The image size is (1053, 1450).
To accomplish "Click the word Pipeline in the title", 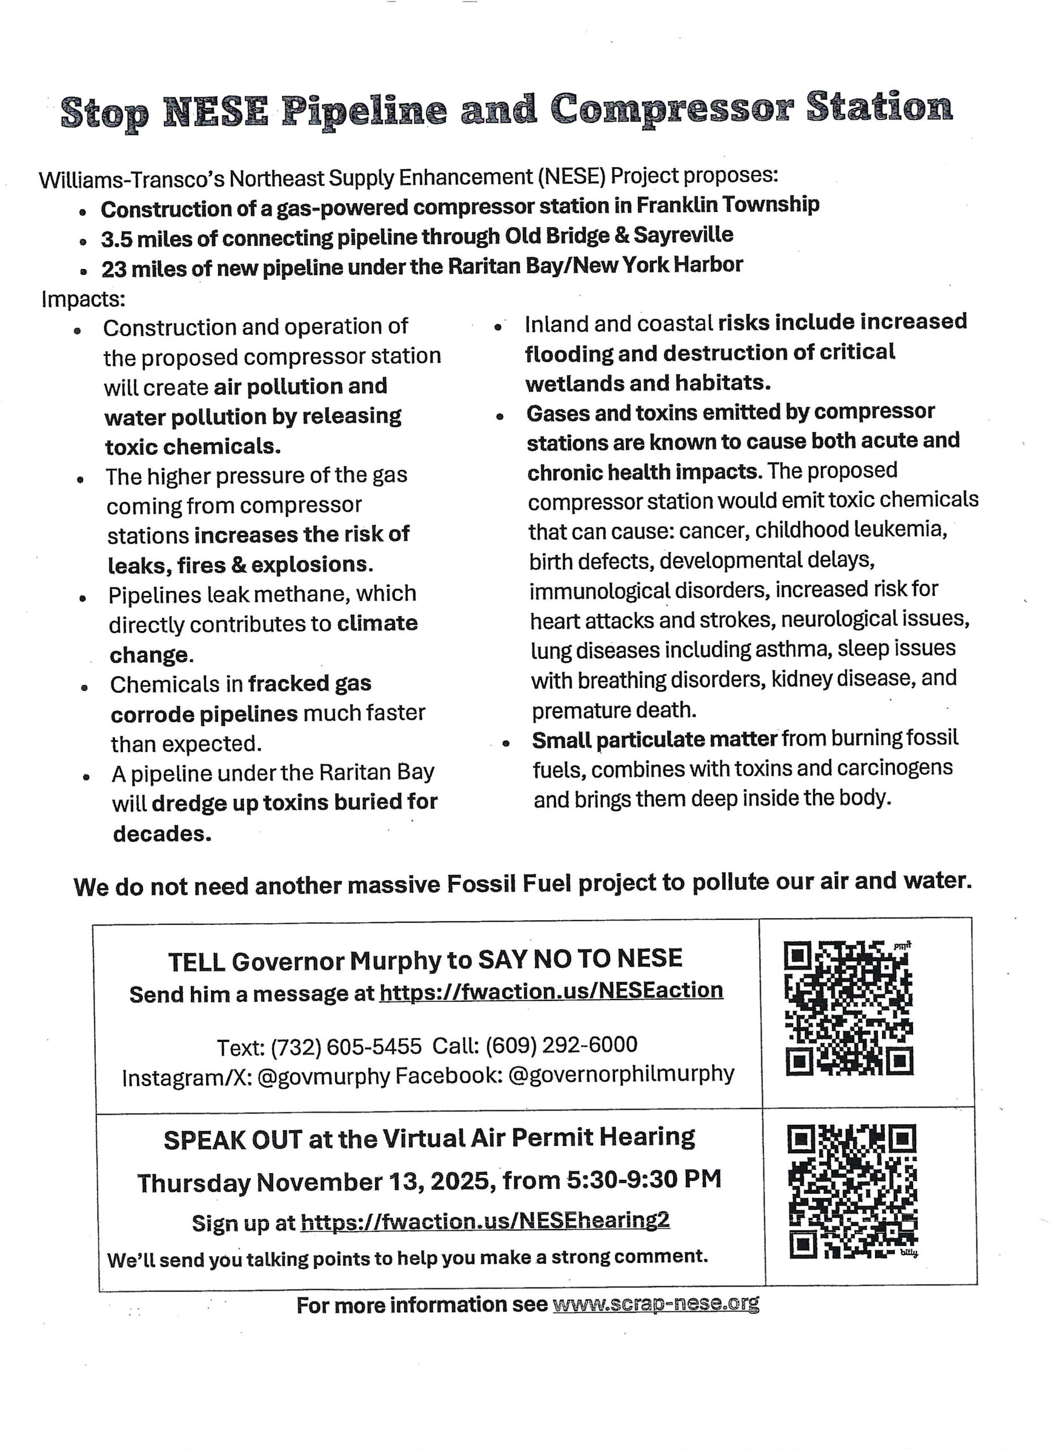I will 364,110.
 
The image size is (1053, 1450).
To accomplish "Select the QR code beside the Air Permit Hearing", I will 852,1191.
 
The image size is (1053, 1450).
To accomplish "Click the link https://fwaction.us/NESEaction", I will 551,991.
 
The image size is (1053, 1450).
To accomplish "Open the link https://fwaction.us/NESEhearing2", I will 485,1221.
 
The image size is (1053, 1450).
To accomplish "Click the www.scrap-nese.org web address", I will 655,1304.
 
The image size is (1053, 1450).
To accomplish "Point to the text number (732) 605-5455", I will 346,1047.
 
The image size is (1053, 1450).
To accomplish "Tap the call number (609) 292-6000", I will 561,1044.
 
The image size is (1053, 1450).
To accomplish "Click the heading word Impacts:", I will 83,298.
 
